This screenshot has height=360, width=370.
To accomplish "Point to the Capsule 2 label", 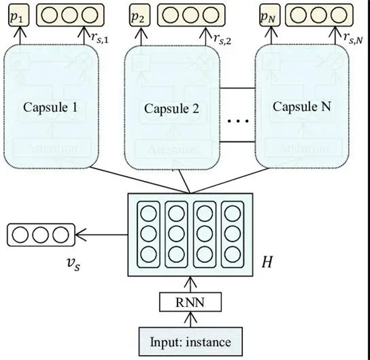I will [171, 109].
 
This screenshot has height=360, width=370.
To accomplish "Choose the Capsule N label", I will [302, 106].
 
